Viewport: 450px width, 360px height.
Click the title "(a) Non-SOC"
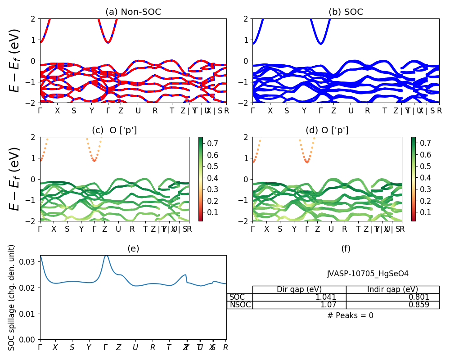pyautogui.click(x=133, y=12)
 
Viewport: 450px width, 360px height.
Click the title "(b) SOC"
pyautogui.click(x=346, y=12)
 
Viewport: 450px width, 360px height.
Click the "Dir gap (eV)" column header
pyautogui.click(x=299, y=289)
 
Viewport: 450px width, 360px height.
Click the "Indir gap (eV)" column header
pyautogui.click(x=392, y=289)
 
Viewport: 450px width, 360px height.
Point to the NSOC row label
pyautogui.click(x=240, y=305)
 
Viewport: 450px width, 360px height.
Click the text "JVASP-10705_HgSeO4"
pyautogui.click(x=368, y=274)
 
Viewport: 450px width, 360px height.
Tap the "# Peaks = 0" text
pyautogui.click(x=351, y=315)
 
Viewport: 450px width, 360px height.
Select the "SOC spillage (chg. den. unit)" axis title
pyautogui.click(x=12, y=297)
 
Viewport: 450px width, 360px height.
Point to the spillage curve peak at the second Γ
pyautogui.click(x=106, y=256)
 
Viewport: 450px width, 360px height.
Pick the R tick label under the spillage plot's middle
pyautogui.click(x=153, y=347)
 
